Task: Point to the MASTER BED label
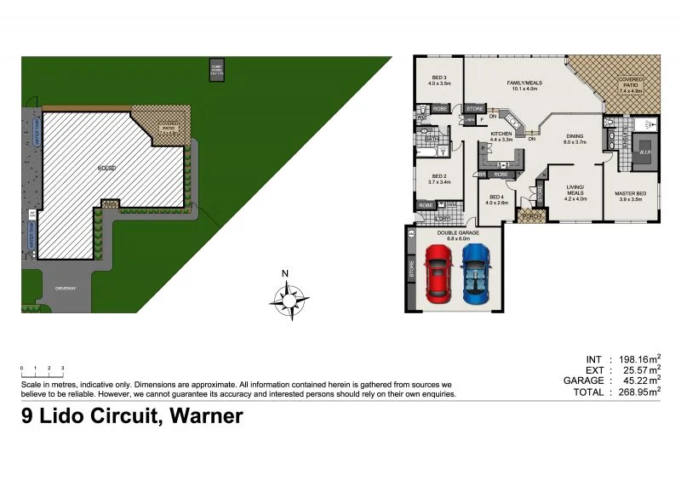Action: [x=630, y=197]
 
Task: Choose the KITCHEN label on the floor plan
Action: [x=501, y=136]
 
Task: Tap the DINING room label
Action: [x=575, y=138]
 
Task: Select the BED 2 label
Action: [x=438, y=179]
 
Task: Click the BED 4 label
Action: [x=496, y=200]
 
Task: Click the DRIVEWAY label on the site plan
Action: [x=66, y=288]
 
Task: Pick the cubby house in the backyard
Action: [x=216, y=69]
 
